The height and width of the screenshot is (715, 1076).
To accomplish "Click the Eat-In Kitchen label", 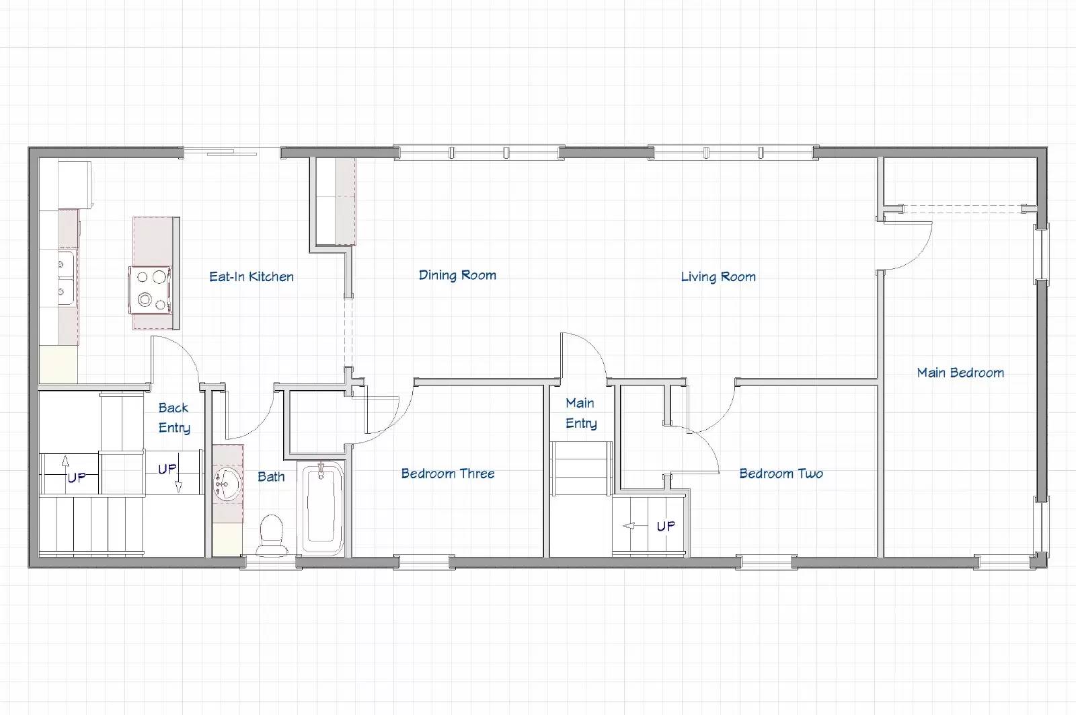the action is [252, 276].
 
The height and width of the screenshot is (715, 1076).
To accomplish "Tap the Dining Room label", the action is [457, 275].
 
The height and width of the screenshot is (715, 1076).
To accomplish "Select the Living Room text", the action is [718, 276].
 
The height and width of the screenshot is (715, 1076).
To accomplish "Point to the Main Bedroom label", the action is [960, 373].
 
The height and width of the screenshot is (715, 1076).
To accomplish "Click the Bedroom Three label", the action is [448, 474].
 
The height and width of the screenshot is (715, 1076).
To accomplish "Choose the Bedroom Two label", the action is [781, 474].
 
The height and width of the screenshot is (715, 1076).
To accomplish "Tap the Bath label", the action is [271, 477].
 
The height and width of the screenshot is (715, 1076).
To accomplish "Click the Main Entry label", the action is [581, 413].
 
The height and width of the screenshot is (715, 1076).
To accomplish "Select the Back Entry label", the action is [174, 418].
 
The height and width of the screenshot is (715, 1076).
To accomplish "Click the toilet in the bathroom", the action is [272, 535].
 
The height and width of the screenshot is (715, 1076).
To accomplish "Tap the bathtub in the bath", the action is [321, 509].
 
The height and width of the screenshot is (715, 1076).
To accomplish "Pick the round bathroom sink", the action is [227, 484].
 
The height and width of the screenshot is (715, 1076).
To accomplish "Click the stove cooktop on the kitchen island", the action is [151, 290].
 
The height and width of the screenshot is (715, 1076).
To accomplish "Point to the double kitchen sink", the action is [67, 278].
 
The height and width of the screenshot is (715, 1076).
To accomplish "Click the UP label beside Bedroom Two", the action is [666, 527].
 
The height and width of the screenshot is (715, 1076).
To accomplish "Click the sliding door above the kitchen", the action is [231, 152].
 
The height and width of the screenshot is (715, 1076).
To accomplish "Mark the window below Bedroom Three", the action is [424, 562].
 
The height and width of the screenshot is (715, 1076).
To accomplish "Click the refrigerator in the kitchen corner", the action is [75, 185].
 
